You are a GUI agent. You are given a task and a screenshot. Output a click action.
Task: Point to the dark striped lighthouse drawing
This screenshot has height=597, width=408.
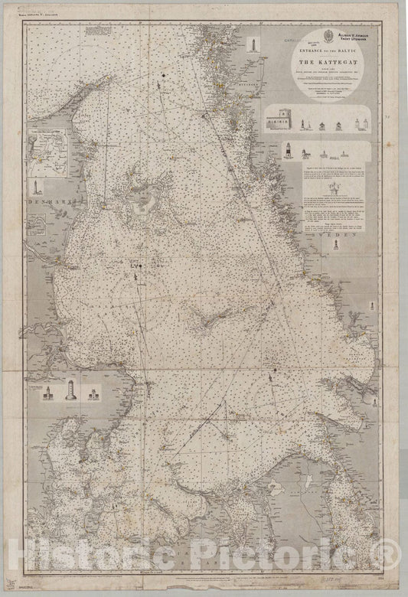click(289, 150)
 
